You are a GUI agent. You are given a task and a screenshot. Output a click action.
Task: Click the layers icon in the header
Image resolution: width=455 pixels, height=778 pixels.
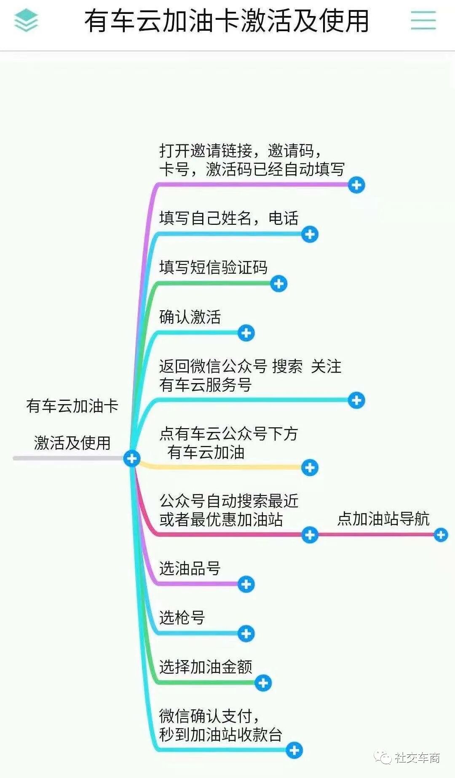[26, 21]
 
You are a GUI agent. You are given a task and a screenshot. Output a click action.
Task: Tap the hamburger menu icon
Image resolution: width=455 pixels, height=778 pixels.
[423, 20]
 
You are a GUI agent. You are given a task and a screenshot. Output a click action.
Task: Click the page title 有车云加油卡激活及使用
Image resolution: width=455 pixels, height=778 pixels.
[227, 21]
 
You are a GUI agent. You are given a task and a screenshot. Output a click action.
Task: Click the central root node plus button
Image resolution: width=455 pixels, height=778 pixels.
[132, 458]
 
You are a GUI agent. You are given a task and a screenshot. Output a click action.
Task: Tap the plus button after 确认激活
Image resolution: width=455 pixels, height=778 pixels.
[246, 333]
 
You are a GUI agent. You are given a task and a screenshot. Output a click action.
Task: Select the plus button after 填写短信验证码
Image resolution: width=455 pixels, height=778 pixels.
[278, 284]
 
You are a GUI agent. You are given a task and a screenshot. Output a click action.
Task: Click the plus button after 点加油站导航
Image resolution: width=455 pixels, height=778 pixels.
[441, 535]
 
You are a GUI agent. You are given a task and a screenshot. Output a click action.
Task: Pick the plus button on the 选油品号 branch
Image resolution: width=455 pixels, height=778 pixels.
[246, 584]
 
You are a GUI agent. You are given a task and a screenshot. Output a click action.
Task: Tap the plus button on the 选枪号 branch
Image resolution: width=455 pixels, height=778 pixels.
[246, 634]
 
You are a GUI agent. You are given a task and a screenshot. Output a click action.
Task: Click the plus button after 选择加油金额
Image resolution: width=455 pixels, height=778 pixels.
[263, 683]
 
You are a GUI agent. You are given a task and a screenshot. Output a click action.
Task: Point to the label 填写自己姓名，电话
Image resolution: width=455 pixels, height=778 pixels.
[229, 218]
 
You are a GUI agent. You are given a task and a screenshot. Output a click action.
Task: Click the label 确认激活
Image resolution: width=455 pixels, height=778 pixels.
[190, 317]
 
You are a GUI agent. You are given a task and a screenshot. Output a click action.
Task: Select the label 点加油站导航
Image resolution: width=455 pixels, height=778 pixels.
[383, 519]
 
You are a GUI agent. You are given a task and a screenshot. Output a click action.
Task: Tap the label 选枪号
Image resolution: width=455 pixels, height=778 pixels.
[182, 618]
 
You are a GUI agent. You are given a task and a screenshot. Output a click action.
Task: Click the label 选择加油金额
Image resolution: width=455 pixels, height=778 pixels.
[206, 667]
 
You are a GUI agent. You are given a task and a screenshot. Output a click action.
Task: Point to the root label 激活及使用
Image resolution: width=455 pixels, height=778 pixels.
[72, 443]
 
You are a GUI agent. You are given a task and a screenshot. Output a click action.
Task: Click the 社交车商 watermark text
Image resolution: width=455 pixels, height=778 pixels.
[417, 758]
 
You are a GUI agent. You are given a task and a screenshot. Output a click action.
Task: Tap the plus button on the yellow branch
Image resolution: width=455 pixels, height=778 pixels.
[310, 468]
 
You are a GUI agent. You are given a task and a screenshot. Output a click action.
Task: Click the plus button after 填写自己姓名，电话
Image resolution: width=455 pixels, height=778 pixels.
[310, 234]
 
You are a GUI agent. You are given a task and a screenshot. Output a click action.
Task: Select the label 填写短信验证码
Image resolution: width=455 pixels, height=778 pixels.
[213, 268]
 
